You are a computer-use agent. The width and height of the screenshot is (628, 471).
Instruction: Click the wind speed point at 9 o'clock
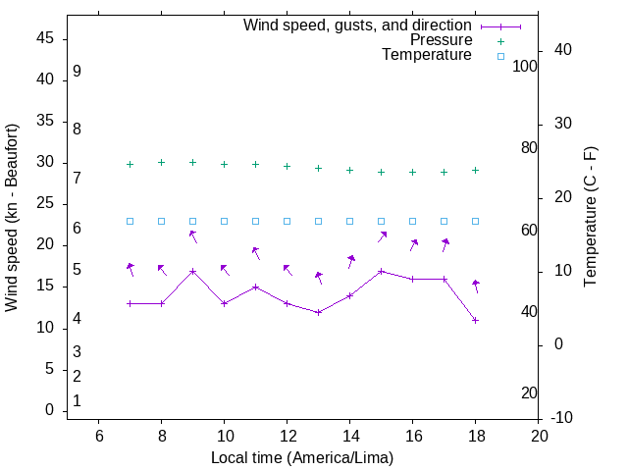(192, 271)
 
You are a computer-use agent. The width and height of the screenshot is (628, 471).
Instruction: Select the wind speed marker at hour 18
(475, 320)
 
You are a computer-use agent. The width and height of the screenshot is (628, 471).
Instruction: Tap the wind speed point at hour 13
(318, 312)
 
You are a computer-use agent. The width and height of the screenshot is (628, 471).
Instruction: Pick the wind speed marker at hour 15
(381, 271)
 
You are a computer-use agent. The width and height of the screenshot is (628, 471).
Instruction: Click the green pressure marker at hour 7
(130, 165)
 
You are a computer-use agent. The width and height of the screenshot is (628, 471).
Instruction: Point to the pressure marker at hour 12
(287, 166)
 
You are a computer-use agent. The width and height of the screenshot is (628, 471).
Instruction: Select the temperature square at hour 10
(224, 221)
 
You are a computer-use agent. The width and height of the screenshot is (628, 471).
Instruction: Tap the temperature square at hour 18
(475, 221)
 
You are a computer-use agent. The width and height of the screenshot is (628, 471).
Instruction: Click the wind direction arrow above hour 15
(382, 236)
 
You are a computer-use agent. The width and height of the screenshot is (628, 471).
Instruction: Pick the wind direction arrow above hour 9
(193, 235)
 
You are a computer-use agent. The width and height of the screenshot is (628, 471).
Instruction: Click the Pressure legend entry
(441, 40)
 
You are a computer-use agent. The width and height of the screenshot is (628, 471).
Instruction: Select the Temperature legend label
(427, 55)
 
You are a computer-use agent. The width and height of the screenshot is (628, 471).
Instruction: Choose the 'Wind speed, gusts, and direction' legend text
(358, 26)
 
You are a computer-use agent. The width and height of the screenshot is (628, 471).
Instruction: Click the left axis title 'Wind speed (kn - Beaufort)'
(12, 218)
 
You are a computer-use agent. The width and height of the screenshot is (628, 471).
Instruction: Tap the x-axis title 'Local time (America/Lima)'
(302, 457)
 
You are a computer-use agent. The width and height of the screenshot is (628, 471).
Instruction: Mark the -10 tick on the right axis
(562, 418)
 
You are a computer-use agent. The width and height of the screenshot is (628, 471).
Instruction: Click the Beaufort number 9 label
(77, 72)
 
